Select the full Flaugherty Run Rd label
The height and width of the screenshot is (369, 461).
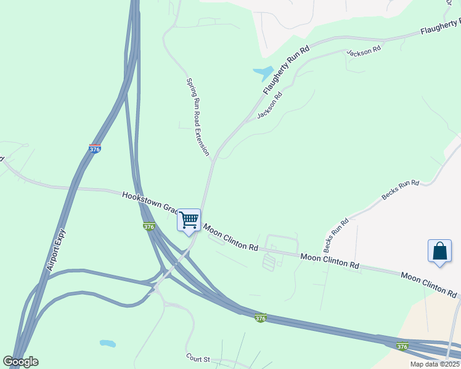click(x=285, y=70)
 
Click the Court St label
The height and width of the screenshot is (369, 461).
click(x=198, y=357)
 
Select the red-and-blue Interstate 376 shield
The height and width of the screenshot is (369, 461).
click(x=94, y=149)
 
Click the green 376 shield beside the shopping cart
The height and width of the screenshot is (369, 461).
click(x=149, y=226)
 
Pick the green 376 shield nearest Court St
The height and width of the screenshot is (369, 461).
click(x=261, y=317)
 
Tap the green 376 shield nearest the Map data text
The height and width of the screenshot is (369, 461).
click(x=402, y=346)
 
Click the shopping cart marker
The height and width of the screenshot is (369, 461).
click(x=189, y=221)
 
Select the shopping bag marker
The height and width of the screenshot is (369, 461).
click(x=439, y=252)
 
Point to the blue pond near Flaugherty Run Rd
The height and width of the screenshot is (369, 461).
click(x=264, y=73)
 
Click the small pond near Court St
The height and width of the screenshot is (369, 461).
click(x=107, y=343)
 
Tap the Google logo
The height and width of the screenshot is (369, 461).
click(x=20, y=362)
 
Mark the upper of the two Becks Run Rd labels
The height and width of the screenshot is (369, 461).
click(x=400, y=191)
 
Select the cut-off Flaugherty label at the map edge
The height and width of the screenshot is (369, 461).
click(x=440, y=26)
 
